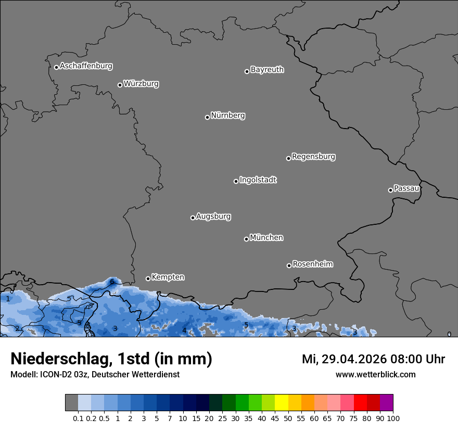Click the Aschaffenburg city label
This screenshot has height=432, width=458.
coord(86,66)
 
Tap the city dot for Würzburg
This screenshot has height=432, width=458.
coord(120,85)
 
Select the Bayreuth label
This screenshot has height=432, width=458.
coord(267,70)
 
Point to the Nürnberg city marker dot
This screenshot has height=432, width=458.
coord(207,117)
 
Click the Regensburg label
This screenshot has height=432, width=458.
coord(313,157)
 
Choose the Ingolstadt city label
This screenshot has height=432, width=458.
coord(258,180)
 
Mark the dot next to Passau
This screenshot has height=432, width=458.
coord(390,190)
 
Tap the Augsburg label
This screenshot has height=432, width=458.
coord(213,217)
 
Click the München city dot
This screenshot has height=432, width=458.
coord(246,239)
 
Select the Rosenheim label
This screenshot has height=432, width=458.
coord(312,264)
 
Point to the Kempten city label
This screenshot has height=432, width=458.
coord(168,277)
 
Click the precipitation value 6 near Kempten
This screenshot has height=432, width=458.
coord(112,282)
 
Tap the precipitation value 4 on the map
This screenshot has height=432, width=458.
coord(184,331)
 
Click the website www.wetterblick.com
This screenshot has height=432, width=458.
coord(375,375)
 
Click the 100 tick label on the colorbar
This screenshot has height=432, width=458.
coord(393,418)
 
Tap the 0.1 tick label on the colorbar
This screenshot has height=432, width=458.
coord(78,418)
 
